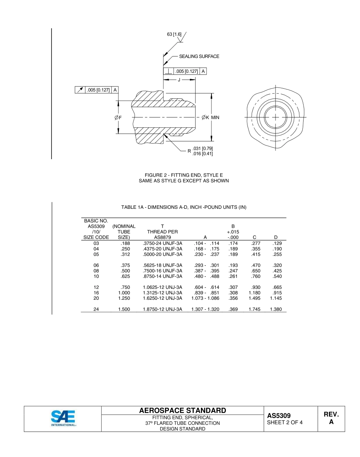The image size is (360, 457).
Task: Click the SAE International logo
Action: coord(63,418)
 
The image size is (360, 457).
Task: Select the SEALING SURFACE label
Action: coord(199,56)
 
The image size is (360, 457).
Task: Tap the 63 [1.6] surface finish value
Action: coord(174,34)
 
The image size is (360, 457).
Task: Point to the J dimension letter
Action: coord(179,80)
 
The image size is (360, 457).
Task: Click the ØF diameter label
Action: coord(118,117)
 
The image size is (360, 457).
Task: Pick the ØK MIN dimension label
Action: coord(210,117)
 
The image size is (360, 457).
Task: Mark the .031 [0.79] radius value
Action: coord(203,148)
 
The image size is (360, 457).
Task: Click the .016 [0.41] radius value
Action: coord(203,153)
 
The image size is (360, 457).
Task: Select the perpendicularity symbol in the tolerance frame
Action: coord(168,71)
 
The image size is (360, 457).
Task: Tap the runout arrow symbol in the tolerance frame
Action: coord(80,90)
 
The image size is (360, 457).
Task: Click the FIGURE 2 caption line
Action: coord(184,175)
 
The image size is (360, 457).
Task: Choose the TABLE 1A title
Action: coord(184,207)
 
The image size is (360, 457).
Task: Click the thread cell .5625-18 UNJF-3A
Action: coord(162,266)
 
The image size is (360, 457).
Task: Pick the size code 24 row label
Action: coord(96,309)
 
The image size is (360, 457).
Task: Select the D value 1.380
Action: coord(275,309)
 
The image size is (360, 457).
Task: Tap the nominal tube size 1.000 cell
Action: coord(124,293)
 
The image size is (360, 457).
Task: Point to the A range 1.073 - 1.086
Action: coord(205,298)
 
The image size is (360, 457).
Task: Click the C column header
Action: coord(254,238)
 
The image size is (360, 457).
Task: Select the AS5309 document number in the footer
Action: coord(279,416)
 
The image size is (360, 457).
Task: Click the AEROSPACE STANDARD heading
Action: coord(183,411)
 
